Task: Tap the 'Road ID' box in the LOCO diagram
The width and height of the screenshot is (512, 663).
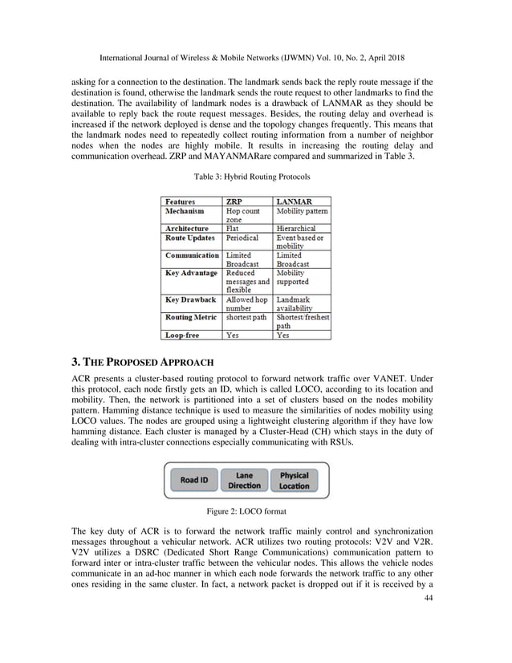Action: (x=193, y=480)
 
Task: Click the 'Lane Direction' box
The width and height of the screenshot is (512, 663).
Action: (x=244, y=480)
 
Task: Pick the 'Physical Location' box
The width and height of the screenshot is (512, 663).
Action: (x=294, y=480)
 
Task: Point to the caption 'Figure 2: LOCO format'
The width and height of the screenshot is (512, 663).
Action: (x=256, y=510)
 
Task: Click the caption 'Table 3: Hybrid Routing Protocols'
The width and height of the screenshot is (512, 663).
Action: (x=255, y=175)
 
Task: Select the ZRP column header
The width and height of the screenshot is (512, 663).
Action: (x=235, y=201)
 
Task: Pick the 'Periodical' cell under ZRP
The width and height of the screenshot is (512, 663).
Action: (x=242, y=238)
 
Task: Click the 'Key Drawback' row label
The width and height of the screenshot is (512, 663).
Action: (x=190, y=299)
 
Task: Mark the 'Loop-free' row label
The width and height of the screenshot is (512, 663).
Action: (x=182, y=336)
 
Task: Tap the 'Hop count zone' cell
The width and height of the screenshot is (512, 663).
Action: (x=243, y=215)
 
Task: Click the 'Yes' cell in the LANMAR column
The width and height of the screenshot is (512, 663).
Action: (x=282, y=336)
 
